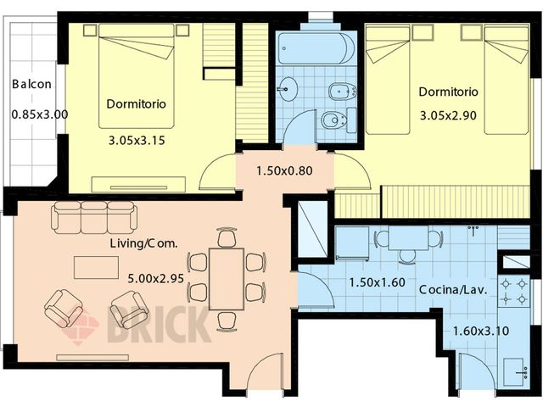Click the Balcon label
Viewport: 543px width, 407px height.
pyautogui.click(x=31, y=85)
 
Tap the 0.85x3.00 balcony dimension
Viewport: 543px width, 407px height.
pyautogui.click(x=39, y=114)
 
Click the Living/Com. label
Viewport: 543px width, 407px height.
pyautogui.click(x=143, y=243)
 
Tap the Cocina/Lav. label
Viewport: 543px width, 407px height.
pyautogui.click(x=453, y=290)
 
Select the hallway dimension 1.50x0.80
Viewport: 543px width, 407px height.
pyautogui.click(x=284, y=170)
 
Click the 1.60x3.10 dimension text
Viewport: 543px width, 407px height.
pyautogui.click(x=480, y=332)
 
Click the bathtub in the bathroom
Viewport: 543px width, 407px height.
pyautogui.click(x=316, y=48)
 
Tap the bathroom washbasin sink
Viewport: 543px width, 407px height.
pyautogui.click(x=288, y=87)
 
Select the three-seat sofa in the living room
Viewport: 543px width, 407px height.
pyautogui.click(x=94, y=217)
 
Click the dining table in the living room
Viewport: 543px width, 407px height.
pyautogui.click(x=227, y=277)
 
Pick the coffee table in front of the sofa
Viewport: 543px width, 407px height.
pyautogui.click(x=96, y=268)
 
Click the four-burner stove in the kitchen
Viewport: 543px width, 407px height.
pyautogui.click(x=514, y=292)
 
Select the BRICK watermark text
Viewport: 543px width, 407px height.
pyautogui.click(x=157, y=326)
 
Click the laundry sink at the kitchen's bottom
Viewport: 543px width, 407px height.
pyautogui.click(x=515, y=371)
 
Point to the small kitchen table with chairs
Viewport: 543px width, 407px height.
pyautogui.click(x=408, y=239)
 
